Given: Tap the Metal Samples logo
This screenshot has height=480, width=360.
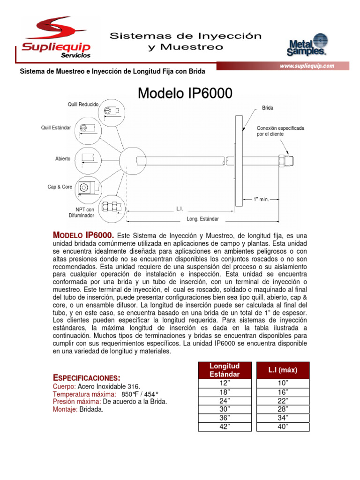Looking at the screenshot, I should pos(307,45).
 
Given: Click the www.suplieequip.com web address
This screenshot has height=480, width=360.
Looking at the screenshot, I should pos(307,66).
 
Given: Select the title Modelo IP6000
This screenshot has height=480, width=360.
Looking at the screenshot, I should pos(185,93).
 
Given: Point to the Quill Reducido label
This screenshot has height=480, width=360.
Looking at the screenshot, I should pos(83,104).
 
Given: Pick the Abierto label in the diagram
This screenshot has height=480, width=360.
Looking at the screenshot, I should pos(63,159).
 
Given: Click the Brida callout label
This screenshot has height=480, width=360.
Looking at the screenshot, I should pos(268,108).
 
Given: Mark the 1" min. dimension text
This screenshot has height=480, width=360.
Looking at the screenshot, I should pos(261,199).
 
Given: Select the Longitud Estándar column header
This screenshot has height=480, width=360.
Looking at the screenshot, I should pos(224,370).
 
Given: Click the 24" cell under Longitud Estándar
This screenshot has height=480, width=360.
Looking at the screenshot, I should pos(224,400).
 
